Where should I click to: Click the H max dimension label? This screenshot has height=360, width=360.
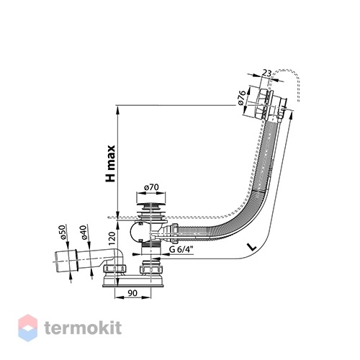point(111,163)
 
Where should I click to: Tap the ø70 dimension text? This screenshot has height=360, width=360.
point(151,187)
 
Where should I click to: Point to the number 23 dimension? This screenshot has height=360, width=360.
point(266,73)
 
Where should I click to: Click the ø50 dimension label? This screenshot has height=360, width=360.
point(62,233)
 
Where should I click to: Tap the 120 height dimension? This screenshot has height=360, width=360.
point(112,238)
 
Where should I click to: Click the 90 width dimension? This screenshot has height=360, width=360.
point(132,293)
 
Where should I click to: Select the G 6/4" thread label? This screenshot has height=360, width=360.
point(181,250)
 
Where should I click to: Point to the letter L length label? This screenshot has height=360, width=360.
point(252,247)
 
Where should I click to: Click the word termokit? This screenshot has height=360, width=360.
point(83,328)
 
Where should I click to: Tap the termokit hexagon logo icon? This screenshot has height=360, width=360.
point(28,328)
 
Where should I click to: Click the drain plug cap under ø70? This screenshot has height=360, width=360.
point(151,206)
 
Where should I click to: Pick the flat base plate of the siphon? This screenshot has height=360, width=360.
point(134,285)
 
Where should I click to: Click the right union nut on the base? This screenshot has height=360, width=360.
point(151,268)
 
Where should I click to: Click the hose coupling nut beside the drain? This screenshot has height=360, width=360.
point(174,233)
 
